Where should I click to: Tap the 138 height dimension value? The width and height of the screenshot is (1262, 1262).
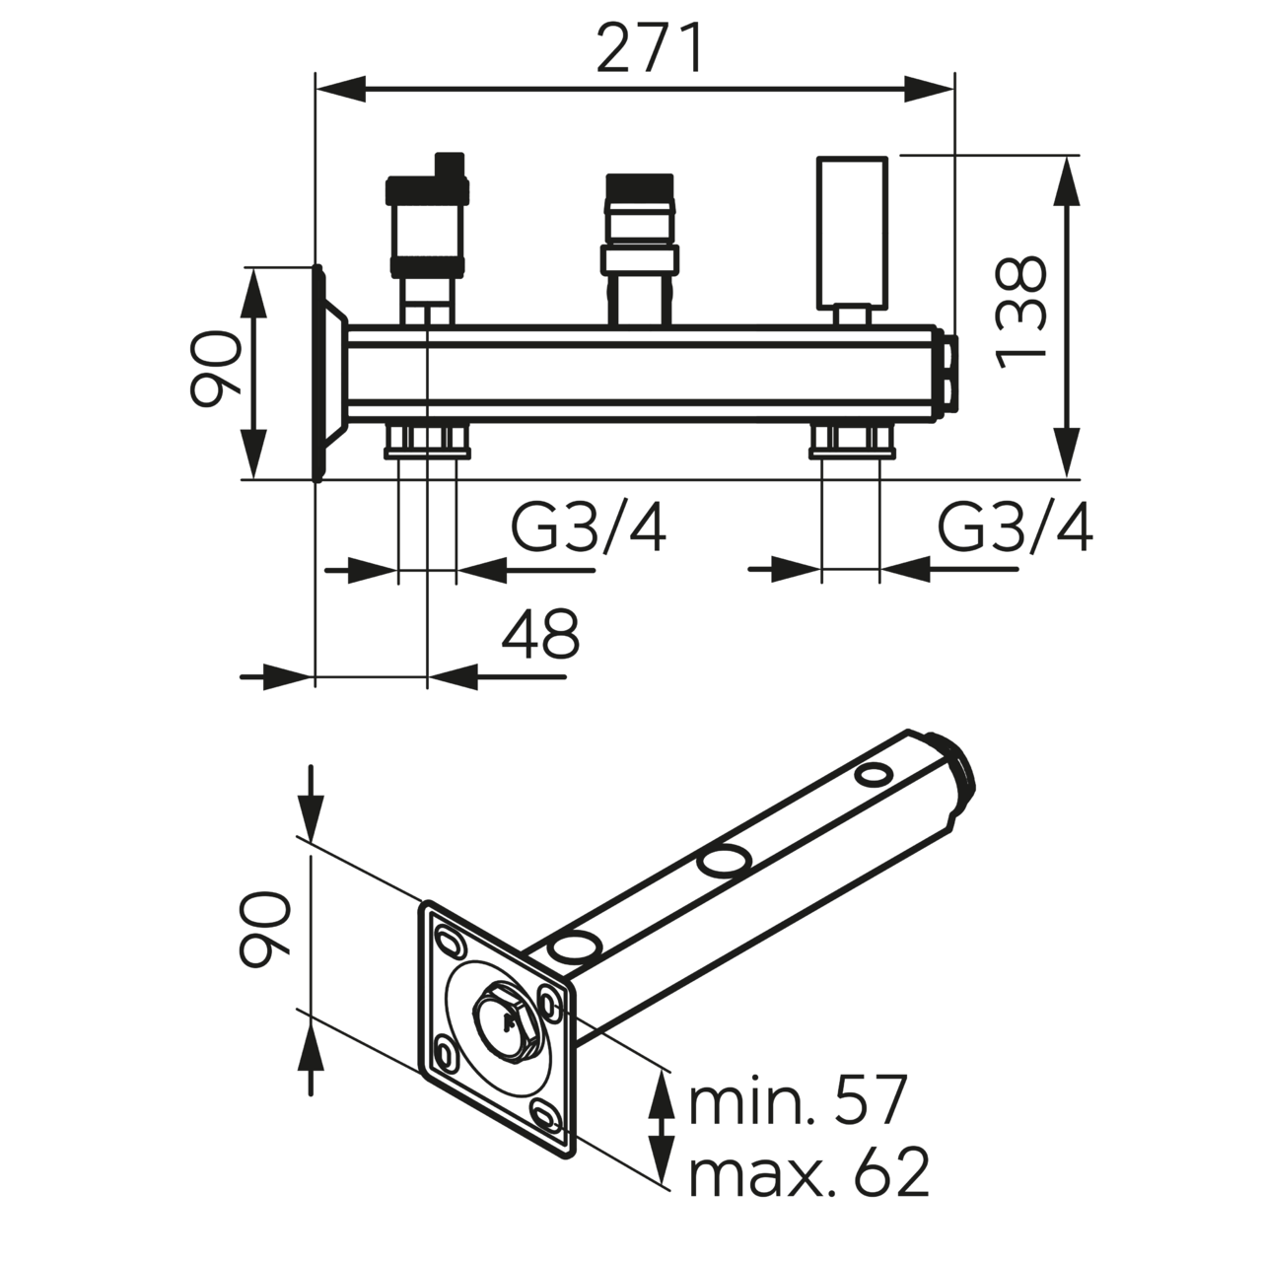point(1019,313)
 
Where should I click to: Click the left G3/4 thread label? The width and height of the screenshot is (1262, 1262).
point(589,529)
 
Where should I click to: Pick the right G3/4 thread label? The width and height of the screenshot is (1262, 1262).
point(1015,529)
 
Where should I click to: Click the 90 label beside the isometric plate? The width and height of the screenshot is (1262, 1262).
point(264,928)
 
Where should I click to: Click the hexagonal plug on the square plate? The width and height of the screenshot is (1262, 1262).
point(506,1025)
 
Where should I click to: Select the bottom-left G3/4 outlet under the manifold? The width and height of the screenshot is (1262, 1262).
point(426,441)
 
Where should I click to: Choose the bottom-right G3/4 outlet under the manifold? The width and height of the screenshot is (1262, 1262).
point(852,441)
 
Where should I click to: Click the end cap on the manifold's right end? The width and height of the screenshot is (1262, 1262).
point(949,371)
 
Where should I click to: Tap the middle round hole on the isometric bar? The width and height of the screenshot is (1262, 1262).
point(723,861)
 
